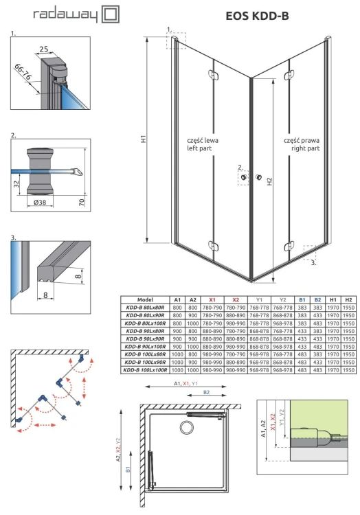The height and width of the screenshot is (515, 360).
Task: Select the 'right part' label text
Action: [x=302, y=148]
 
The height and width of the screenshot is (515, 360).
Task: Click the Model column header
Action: [x=145, y=300]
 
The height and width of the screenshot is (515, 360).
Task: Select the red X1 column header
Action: [x=212, y=300]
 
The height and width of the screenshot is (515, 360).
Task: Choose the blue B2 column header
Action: [x=317, y=300]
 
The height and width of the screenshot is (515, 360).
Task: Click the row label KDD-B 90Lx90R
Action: [x=145, y=339]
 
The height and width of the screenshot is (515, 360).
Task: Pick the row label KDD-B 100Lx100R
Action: [x=145, y=370]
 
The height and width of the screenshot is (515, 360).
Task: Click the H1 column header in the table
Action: [x=334, y=300]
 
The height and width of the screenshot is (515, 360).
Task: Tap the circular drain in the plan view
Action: [x=185, y=428]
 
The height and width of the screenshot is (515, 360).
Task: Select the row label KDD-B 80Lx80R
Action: [x=145, y=308]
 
